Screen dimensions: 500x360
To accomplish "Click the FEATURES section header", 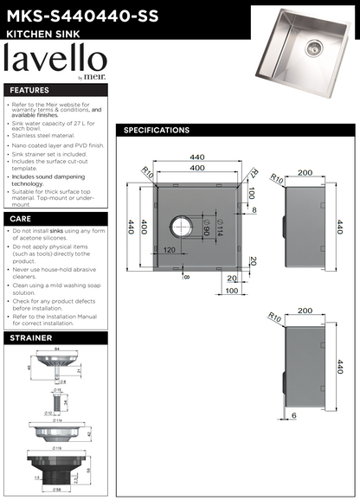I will (30, 90).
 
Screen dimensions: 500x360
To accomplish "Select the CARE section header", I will (21, 220).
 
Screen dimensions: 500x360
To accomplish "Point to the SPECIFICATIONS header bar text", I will (157, 131).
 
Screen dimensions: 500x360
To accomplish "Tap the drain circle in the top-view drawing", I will (183, 228).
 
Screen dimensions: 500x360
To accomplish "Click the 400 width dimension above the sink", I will (197, 166).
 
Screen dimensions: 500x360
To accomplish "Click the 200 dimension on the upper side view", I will (305, 173).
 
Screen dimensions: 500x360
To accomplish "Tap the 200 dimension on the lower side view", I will (305, 310).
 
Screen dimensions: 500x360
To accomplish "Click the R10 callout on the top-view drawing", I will (148, 175).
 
